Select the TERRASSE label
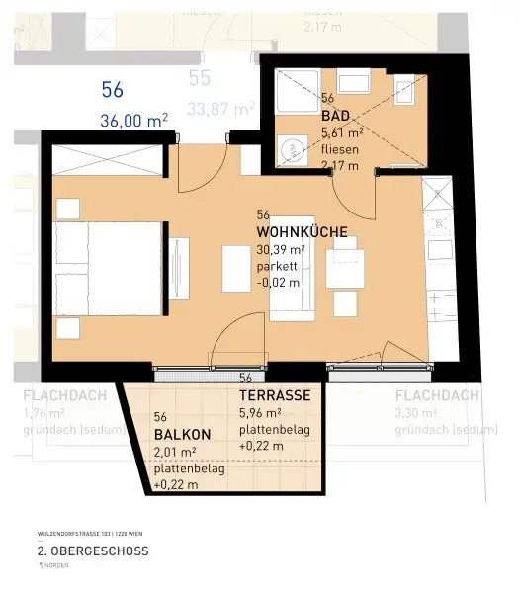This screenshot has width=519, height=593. pos(275,395)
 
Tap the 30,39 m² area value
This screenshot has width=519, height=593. pos(280,250)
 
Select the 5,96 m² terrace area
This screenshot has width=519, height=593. pos(261,413)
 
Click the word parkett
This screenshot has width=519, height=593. pos(276,266)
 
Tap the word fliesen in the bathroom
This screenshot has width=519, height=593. pos(340,151)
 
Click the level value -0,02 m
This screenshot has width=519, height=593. pos(279,283)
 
